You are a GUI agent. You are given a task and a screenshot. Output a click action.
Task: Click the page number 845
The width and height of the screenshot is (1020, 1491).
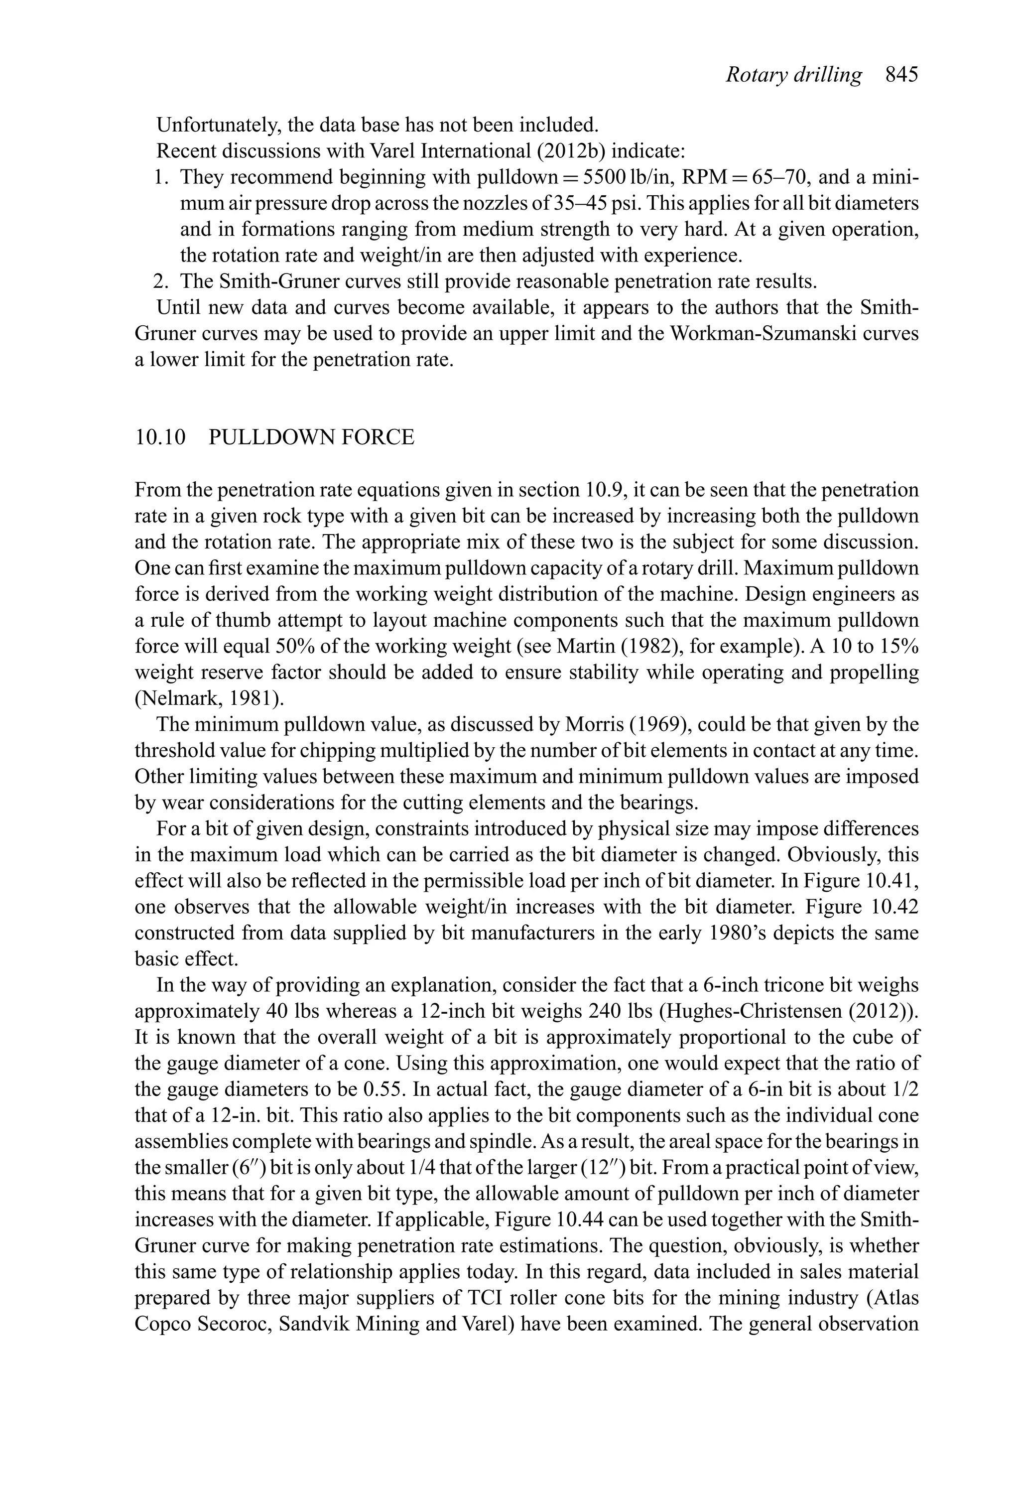point(901,75)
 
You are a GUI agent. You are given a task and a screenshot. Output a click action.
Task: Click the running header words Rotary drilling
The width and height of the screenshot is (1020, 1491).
point(793,75)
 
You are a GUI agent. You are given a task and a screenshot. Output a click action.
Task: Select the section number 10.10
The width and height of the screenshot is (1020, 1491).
point(160,437)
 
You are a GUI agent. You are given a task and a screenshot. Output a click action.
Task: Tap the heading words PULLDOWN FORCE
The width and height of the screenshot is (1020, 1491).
point(312,437)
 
